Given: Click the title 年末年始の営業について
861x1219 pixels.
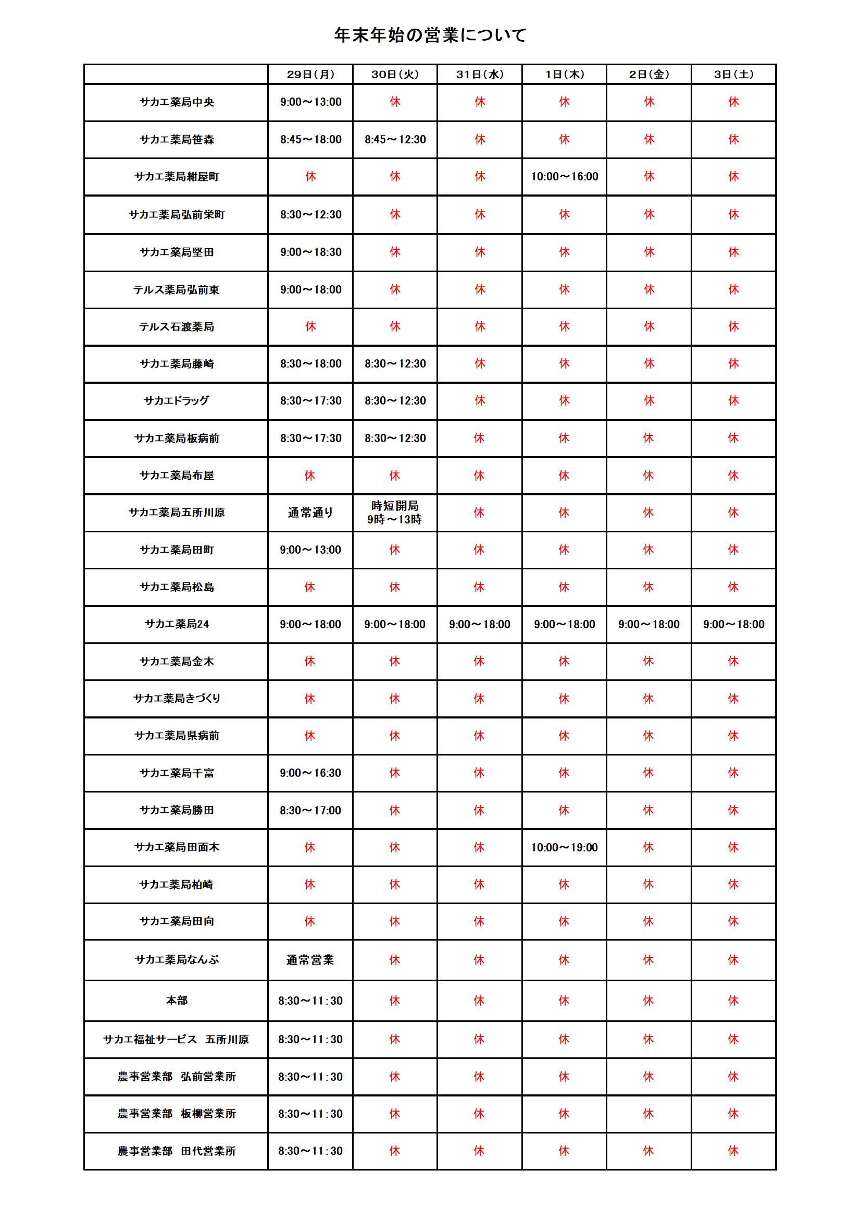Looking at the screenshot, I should pyautogui.click(x=430, y=35).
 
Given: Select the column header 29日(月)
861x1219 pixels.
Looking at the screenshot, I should pyautogui.click(x=310, y=75).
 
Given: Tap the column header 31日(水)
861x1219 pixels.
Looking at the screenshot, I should pyautogui.click(x=480, y=75).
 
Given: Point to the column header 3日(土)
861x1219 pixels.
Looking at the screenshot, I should pyautogui.click(x=734, y=75).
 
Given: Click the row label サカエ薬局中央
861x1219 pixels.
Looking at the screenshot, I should pyautogui.click(x=177, y=102).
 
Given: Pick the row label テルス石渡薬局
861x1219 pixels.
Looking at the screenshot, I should pyautogui.click(x=177, y=327).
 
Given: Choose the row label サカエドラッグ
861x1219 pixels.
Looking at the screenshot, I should pyautogui.click(x=177, y=401).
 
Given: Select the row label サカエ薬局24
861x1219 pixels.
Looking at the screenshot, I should pyautogui.click(x=177, y=625).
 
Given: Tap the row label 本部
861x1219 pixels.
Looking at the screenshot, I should pyautogui.click(x=177, y=1001).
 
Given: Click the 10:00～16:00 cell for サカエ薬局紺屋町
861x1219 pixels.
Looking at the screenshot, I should pyautogui.click(x=565, y=177).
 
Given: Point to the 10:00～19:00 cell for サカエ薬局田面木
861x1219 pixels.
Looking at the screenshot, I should pyautogui.click(x=565, y=847).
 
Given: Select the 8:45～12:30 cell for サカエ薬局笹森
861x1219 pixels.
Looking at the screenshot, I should pyautogui.click(x=395, y=140).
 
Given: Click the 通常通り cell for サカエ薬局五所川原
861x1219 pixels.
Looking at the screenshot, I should pyautogui.click(x=310, y=513).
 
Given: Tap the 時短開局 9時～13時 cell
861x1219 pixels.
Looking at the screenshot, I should pyautogui.click(x=395, y=513).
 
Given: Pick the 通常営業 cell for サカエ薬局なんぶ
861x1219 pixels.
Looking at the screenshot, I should pyautogui.click(x=310, y=960).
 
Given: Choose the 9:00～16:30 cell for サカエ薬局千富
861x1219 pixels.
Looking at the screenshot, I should pyautogui.click(x=310, y=773).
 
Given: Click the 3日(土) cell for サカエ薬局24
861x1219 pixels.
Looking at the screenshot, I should pyautogui.click(x=734, y=625).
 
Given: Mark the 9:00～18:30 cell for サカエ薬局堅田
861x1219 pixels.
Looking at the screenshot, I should pyautogui.click(x=310, y=252).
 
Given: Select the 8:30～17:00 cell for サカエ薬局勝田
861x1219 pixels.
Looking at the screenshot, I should pyautogui.click(x=310, y=810).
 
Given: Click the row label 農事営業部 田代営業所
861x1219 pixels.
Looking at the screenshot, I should pyautogui.click(x=177, y=1151).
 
